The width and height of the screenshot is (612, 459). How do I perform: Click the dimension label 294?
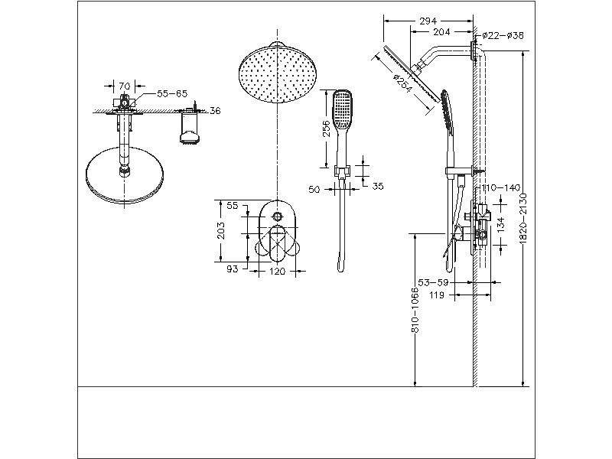[428, 22]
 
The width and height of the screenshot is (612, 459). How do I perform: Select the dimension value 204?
[442, 32]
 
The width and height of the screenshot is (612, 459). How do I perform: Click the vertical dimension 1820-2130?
[523, 217]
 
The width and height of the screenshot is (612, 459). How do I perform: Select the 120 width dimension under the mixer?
[277, 271]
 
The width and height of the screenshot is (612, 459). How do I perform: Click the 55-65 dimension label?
[171, 93]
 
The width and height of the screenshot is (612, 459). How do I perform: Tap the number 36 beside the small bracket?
[215, 111]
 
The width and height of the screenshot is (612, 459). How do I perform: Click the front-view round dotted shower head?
[277, 70]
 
